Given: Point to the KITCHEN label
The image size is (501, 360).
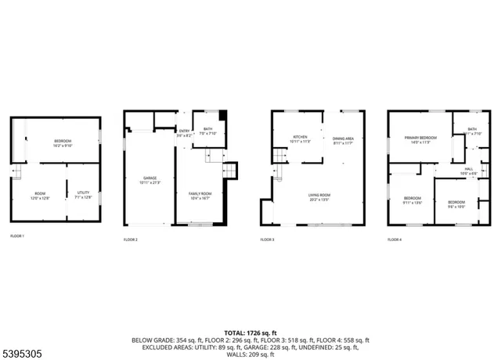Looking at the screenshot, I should pyautogui.click(x=301, y=139).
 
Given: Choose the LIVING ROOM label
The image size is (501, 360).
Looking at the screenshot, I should pyautogui.click(x=318, y=196).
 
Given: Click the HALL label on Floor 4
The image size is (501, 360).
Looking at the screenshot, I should pyautogui.click(x=469, y=171).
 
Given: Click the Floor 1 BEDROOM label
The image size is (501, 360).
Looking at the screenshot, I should pyautogui.click(x=63, y=142).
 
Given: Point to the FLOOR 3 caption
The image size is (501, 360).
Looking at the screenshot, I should pyautogui.click(x=267, y=238).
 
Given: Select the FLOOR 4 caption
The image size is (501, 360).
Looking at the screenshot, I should pyautogui.click(x=394, y=238).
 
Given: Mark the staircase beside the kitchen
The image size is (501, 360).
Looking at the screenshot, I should pyautogui.click(x=279, y=156).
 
